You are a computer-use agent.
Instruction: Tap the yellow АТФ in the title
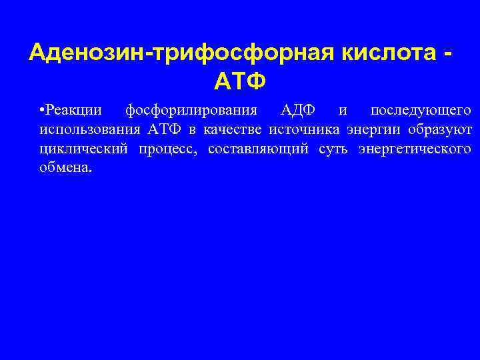[x=240, y=81]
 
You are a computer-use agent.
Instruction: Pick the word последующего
[x=421, y=109]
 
